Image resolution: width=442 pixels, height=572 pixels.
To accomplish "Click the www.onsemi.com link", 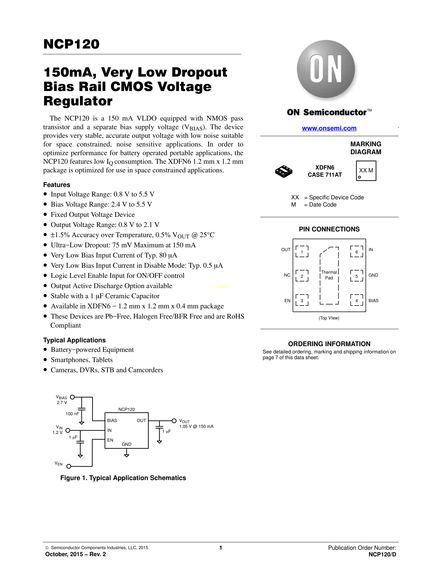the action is click(329, 128).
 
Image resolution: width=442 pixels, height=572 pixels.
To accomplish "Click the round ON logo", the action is click(326, 69).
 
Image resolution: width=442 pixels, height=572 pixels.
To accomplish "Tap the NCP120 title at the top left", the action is click(71, 44).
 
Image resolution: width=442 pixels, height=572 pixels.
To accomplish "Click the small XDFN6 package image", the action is click(284, 172).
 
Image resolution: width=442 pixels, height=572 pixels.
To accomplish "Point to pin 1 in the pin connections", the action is click(302, 252).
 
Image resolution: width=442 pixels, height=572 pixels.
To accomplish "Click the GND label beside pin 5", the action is click(373, 275).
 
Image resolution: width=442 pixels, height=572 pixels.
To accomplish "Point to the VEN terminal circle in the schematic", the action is click(69, 466).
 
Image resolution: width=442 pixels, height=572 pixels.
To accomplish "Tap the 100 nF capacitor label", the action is click(72, 414).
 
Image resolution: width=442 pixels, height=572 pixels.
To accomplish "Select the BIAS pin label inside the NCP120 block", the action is click(112, 420).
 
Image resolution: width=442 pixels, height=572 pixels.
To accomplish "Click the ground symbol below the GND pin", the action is click(127, 456).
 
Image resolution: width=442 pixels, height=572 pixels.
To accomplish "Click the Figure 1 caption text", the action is click(123, 478).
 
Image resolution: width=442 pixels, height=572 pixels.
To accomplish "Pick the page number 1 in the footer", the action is click(221, 548).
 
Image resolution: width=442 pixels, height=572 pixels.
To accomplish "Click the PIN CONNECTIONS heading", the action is click(329, 229).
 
